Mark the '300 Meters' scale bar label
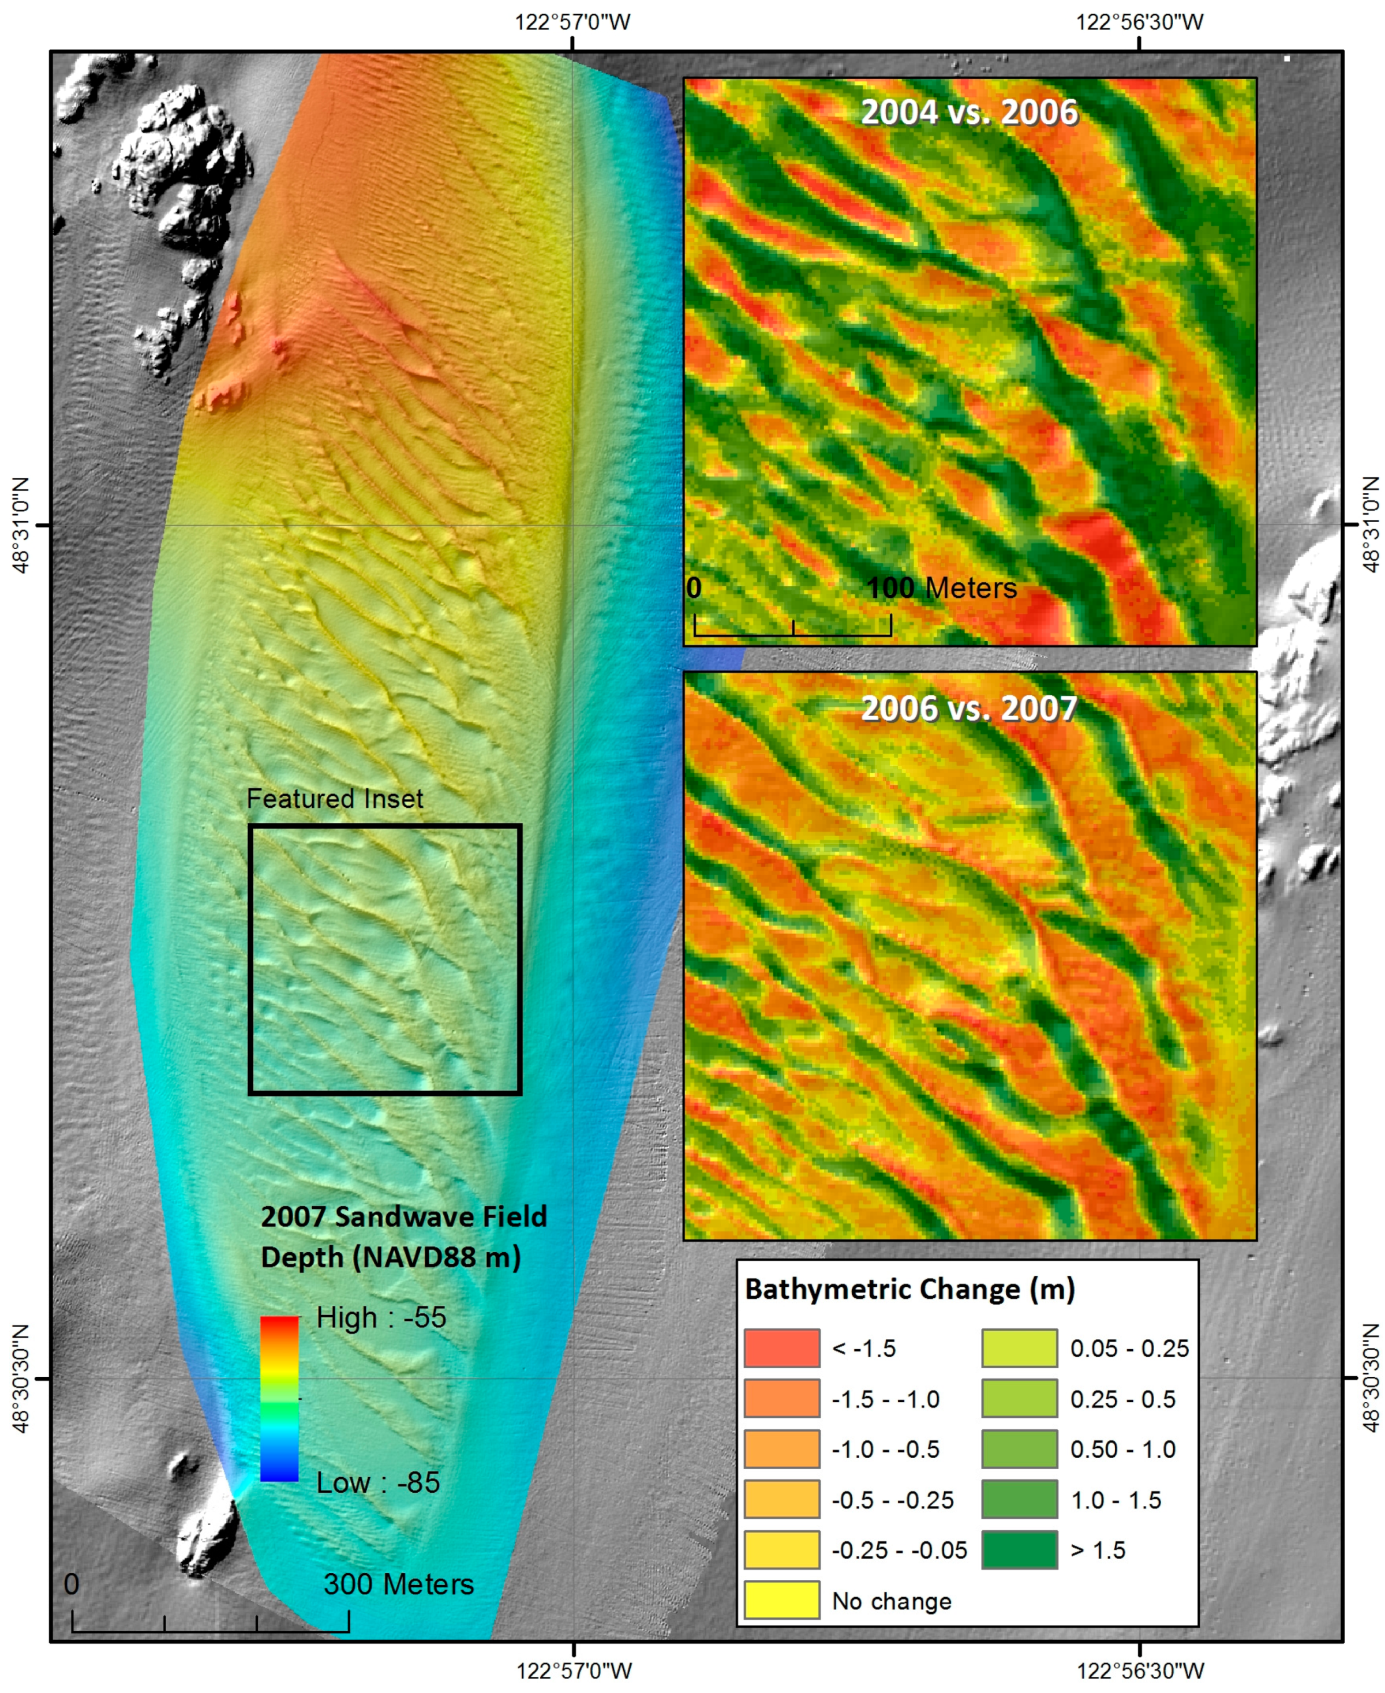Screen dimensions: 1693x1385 pos(398,1585)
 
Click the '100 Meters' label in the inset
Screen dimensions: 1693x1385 pos(941,589)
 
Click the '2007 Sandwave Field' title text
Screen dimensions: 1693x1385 pos(404,1218)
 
